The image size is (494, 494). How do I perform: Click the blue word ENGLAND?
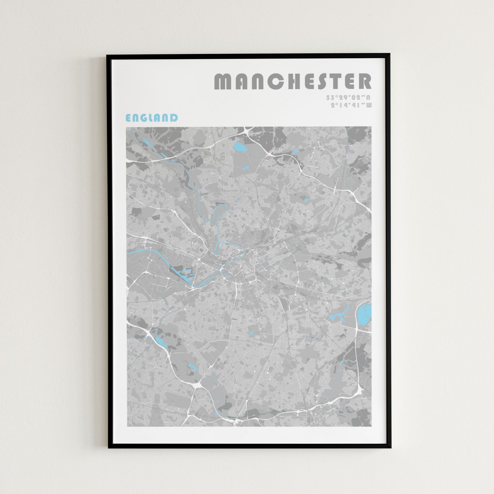(152, 118)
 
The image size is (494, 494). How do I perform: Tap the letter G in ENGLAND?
(145, 118)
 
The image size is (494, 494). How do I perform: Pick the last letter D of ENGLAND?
(174, 118)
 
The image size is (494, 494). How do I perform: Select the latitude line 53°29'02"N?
(348, 97)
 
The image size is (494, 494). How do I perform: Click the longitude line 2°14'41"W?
(351, 105)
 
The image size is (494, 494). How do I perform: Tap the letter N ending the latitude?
(368, 97)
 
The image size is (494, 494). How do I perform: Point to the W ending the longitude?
(369, 105)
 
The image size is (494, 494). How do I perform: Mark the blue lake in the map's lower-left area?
(161, 342)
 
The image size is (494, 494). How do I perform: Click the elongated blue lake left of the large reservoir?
(338, 315)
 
